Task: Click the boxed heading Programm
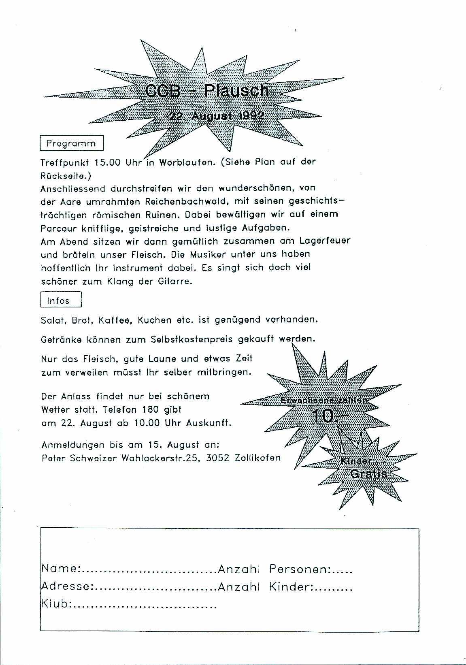coord(71,143)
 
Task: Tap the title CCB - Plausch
coord(206,91)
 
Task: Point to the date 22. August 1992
coord(217,116)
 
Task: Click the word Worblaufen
coord(186,162)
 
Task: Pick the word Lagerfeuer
coord(325,241)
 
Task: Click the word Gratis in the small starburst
coord(369,474)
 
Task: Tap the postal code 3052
coord(218,458)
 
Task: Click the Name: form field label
coord(61,569)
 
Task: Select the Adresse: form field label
coord(67,586)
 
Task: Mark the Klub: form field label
coord(56,604)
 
